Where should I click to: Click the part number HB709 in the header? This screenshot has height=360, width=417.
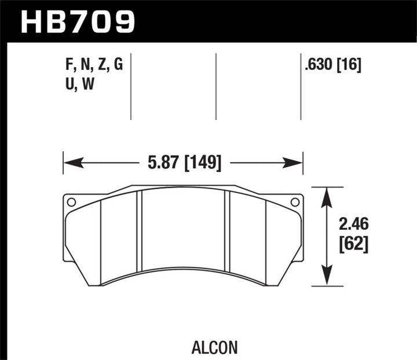coord(78,21)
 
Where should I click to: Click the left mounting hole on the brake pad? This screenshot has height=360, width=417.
coord(71,202)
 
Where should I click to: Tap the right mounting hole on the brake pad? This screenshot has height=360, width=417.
coord(294,202)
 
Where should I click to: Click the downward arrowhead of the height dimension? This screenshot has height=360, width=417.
coord(328,280)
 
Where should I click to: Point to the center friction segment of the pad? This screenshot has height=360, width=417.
coord(183,232)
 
